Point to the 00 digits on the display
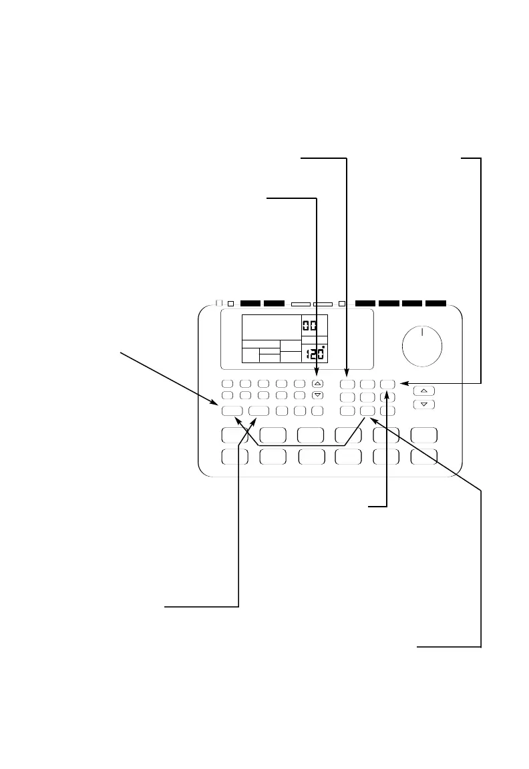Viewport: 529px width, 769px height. [310, 325]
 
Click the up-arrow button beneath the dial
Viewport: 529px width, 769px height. [423, 391]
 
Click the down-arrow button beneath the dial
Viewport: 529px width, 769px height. [423, 405]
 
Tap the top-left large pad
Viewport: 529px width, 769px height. [235, 435]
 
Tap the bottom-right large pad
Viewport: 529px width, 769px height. [424, 457]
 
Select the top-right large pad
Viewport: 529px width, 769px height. [424, 435]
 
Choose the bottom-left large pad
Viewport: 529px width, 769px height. [235, 457]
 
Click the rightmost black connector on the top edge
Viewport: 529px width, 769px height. [435, 303]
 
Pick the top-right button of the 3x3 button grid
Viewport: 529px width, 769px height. [389, 384]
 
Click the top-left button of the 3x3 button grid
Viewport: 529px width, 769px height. [347, 384]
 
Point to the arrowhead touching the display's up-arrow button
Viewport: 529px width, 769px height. [317, 377]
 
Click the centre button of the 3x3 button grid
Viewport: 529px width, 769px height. [367, 397]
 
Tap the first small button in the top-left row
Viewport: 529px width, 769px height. [228, 384]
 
